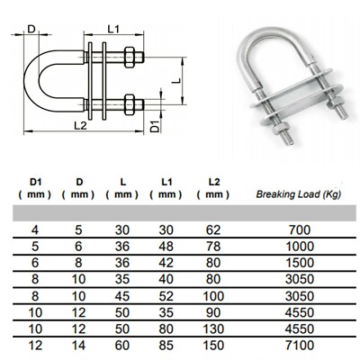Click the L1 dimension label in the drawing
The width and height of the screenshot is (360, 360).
[x=113, y=29]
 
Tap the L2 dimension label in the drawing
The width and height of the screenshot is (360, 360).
[x=80, y=125]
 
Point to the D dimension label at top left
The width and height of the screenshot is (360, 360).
[x=31, y=29]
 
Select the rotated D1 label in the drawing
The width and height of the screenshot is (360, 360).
[x=154, y=127]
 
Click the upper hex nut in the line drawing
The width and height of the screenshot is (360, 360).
[x=129, y=57]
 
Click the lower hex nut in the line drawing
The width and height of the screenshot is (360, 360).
[x=129, y=104]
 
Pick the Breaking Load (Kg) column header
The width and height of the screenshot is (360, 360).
[x=299, y=194]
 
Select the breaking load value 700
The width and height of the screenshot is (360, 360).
[x=300, y=230]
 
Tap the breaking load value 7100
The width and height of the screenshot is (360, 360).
[x=300, y=346]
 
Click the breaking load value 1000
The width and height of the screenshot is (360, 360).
[x=300, y=247]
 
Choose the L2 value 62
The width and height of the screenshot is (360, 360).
[x=213, y=230]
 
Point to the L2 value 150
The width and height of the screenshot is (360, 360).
[x=213, y=346]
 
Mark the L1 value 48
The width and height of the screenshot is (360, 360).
[x=166, y=247]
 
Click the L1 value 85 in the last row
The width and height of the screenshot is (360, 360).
[x=166, y=346]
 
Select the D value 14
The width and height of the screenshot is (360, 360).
[x=78, y=346]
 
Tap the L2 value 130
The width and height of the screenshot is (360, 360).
[x=213, y=329]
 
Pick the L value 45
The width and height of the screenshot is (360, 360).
[x=122, y=296]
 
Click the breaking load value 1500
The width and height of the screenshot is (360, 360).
[x=300, y=263]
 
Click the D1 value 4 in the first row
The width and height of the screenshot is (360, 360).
[x=35, y=230]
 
